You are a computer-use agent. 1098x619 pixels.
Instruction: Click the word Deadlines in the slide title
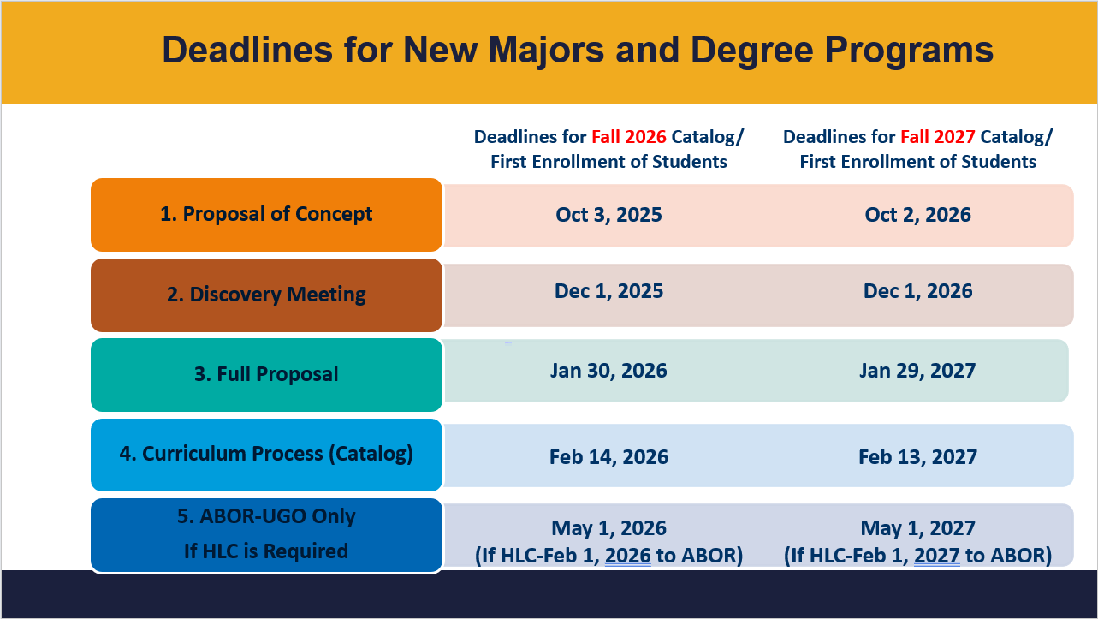[x=247, y=50]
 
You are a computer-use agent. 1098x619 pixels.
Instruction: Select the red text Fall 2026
[x=629, y=137]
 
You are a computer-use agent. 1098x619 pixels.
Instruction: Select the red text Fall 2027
[x=938, y=137]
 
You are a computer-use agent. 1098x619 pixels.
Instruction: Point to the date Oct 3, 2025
[x=608, y=215]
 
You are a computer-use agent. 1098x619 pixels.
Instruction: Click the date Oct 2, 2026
[x=917, y=215]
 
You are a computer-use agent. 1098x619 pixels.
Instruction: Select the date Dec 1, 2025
[x=608, y=291]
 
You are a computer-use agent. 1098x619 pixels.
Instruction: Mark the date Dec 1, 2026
[x=917, y=291]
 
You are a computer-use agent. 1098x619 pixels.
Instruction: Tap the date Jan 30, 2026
[x=608, y=371]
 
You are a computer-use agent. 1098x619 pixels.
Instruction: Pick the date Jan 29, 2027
[x=917, y=371]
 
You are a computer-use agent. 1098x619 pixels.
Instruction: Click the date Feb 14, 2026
[x=608, y=456]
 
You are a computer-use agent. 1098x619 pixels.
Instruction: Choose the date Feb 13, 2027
[x=917, y=456]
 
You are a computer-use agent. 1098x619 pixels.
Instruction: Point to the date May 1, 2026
[x=608, y=528]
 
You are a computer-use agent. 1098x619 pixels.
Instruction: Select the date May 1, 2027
[x=917, y=528]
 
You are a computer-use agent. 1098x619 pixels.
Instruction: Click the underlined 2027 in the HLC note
[x=937, y=556]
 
